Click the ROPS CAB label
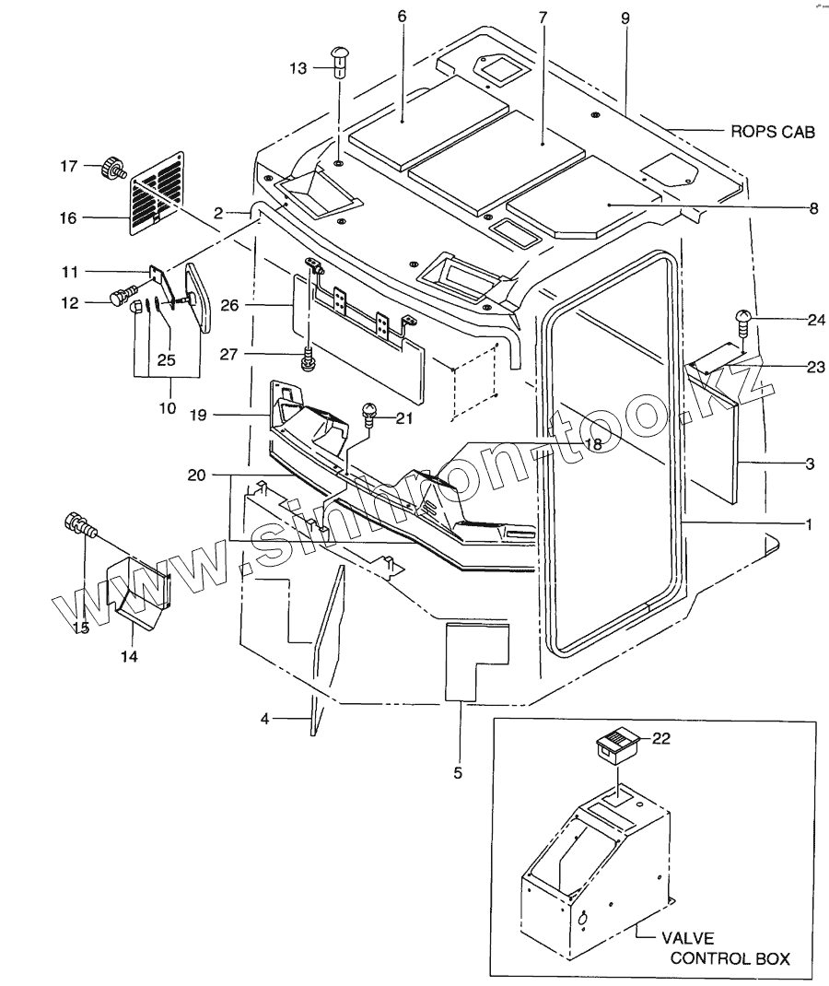pos(773,132)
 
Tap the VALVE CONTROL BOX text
pos(729,949)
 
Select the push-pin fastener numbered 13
pos(338,65)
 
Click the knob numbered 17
pos(112,169)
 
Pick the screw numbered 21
pos(369,413)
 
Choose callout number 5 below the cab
pos(458,772)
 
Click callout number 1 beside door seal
pos(807,524)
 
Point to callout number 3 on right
pos(809,464)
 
